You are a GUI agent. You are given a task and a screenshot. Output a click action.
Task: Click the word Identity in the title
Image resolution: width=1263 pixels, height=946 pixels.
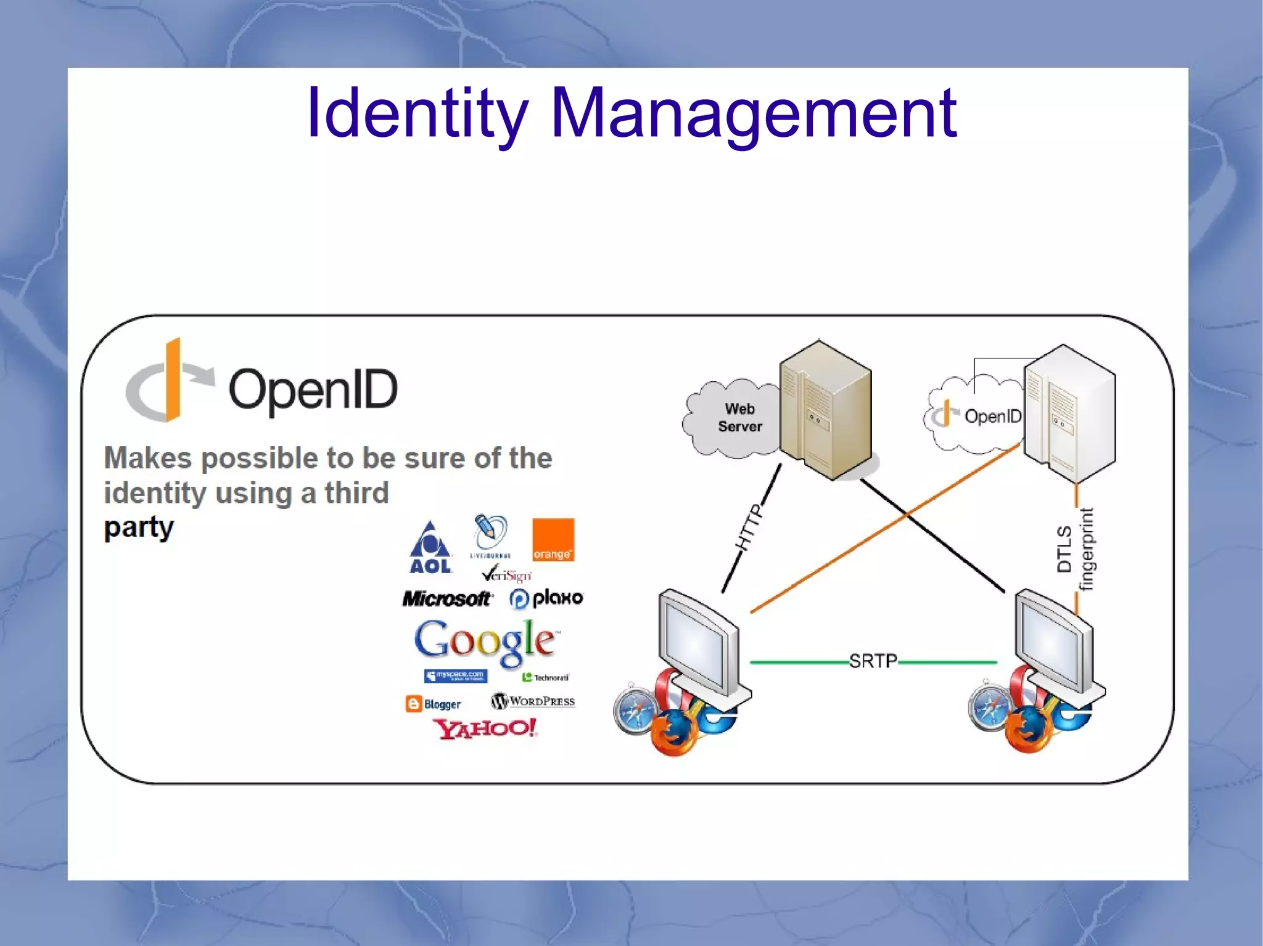pyautogui.click(x=417, y=114)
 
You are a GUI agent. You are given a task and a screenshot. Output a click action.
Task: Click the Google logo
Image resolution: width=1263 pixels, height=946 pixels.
pyautogui.click(x=486, y=642)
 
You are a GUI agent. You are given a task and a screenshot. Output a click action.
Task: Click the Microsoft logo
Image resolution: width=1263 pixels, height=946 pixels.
pyautogui.click(x=446, y=598)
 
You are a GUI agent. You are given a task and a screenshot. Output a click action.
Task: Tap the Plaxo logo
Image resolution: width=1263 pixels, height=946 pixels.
pyautogui.click(x=546, y=598)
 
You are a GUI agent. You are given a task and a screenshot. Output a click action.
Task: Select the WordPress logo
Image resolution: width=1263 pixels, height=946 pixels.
pyautogui.click(x=533, y=701)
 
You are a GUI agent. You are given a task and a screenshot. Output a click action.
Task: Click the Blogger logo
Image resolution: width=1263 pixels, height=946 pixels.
pyautogui.click(x=433, y=704)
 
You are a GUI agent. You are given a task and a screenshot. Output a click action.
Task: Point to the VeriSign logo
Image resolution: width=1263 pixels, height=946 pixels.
pyautogui.click(x=506, y=574)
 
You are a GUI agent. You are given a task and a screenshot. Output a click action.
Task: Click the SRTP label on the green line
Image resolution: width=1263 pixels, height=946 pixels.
pyautogui.click(x=873, y=661)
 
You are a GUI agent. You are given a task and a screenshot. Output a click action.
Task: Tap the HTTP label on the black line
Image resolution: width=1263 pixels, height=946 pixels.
pyautogui.click(x=749, y=528)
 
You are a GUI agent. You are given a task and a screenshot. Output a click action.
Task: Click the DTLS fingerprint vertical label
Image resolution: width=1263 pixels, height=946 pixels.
pyautogui.click(x=1075, y=548)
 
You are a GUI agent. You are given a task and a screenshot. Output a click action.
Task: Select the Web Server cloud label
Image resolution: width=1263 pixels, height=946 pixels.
pyautogui.click(x=739, y=418)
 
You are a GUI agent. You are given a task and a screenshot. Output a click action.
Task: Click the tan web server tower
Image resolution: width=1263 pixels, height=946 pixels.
pyautogui.click(x=825, y=410)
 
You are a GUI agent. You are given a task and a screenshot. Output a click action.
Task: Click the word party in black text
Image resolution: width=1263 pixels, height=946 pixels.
pyautogui.click(x=139, y=528)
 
